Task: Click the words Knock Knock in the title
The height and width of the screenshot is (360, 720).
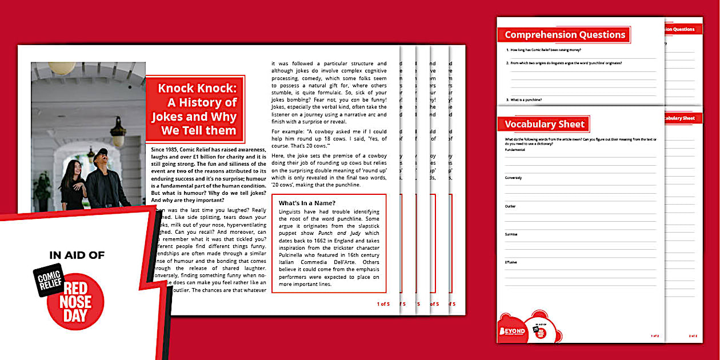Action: pyautogui.click(x=197, y=89)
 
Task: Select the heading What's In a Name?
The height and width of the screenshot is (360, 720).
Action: pyautogui.click(x=307, y=203)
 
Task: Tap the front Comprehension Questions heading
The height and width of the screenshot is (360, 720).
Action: pyautogui.click(x=565, y=35)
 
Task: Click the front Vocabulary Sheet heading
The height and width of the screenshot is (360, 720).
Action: pyautogui.click(x=544, y=124)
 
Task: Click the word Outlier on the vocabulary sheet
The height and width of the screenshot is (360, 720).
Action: pyautogui.click(x=510, y=206)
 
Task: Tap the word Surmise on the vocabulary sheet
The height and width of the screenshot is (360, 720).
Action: pyautogui.click(x=511, y=234)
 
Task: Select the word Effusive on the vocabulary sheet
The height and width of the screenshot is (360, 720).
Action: pyautogui.click(x=511, y=262)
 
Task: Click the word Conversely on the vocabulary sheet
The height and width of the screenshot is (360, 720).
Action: pyautogui.click(x=513, y=178)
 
